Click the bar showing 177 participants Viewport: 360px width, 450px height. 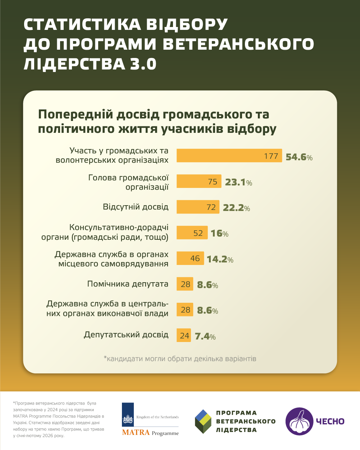click(x=229, y=156)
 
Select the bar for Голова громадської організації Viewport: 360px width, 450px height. click(x=199, y=182)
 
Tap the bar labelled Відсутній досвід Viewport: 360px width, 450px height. click(x=198, y=207)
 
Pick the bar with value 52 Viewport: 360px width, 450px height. click(x=192, y=233)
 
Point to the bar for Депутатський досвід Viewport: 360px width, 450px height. click(x=184, y=336)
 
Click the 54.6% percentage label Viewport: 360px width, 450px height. click(x=299, y=157)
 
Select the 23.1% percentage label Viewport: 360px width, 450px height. click(x=238, y=183)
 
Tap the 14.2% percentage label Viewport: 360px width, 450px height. click(x=220, y=259)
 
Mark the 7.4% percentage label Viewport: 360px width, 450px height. click(x=205, y=337)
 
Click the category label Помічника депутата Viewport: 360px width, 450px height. click(x=128, y=284)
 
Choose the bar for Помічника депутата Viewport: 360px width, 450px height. click(x=185, y=284)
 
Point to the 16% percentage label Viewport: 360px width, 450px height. click(x=219, y=234)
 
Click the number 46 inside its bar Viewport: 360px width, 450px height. click(x=195, y=258)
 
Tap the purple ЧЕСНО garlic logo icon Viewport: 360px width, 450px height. click(x=299, y=421)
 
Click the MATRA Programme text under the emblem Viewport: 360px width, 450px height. click(x=150, y=433)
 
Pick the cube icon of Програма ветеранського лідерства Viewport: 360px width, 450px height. click(x=203, y=421)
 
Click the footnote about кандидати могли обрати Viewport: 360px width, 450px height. click(x=180, y=359)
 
